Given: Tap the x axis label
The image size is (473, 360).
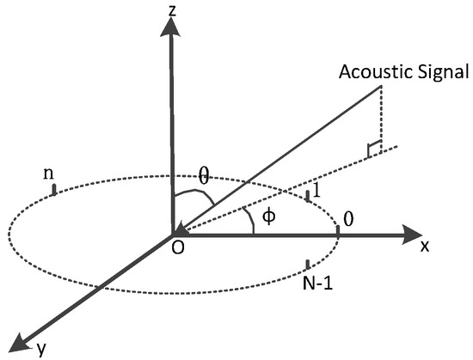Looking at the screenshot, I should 424,246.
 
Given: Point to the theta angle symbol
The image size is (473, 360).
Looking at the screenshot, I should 203,176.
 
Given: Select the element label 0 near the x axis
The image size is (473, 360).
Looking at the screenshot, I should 347,217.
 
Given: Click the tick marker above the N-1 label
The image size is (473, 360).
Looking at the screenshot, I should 307,264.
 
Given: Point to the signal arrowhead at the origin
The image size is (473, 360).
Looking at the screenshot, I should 180,228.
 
